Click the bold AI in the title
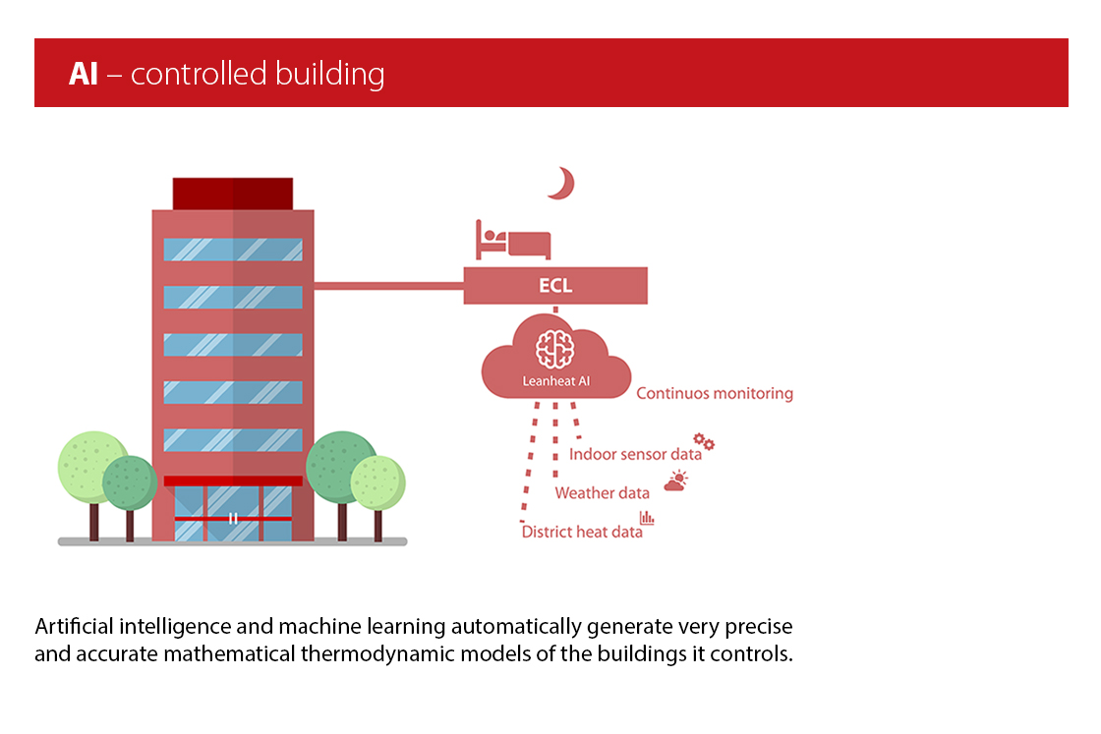[84, 74]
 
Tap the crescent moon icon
[561, 184]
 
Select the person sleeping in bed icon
[513, 240]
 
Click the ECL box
[555, 287]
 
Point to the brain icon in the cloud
[555, 350]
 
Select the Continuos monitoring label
[715, 393]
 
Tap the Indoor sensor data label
[635, 454]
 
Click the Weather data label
[602, 492]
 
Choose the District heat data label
[582, 532]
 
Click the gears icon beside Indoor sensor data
[704, 442]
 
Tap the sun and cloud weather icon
[676, 480]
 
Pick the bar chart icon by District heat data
[647, 518]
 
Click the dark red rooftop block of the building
[233, 194]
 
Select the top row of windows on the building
[233, 250]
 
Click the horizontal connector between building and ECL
[388, 287]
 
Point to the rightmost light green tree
[378, 481]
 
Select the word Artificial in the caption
[72, 626]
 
